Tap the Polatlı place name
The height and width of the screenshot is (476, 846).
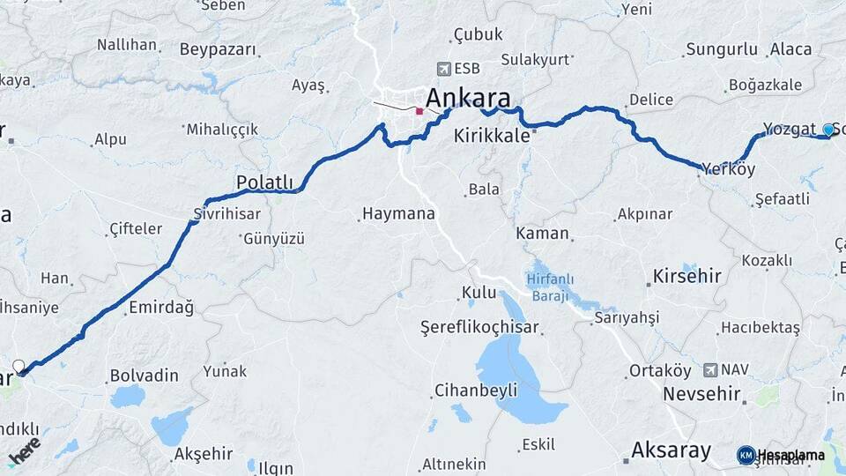(x=264, y=182)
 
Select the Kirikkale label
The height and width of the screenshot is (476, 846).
(x=492, y=136)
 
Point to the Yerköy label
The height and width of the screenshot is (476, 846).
(x=729, y=169)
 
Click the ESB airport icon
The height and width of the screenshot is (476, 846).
(x=443, y=69)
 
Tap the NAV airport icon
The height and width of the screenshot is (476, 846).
(x=710, y=369)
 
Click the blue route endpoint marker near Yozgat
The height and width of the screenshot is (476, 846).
(x=827, y=130)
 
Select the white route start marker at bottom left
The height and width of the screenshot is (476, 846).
(x=19, y=366)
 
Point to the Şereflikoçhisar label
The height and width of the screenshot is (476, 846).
(x=480, y=328)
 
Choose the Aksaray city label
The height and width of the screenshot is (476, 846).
(x=672, y=450)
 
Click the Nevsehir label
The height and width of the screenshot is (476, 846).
(x=701, y=393)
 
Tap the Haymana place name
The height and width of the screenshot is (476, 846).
(x=398, y=213)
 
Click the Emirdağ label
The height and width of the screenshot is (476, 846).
(x=160, y=308)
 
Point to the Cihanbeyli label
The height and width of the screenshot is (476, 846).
(x=475, y=390)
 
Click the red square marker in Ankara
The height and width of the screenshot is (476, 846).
(x=419, y=112)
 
